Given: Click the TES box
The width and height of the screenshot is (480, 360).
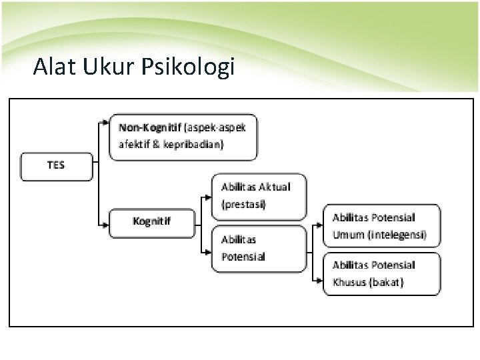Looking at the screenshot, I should [57, 166].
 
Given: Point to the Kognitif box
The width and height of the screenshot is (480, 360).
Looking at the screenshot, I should [153, 222].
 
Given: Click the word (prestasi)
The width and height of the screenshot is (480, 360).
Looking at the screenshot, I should [243, 205].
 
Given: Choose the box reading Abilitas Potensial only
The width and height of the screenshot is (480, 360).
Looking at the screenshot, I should [260, 248].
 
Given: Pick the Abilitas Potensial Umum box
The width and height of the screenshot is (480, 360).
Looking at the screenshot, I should [382, 226].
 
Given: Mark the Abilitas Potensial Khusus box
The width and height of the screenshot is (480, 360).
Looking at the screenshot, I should [382, 273].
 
